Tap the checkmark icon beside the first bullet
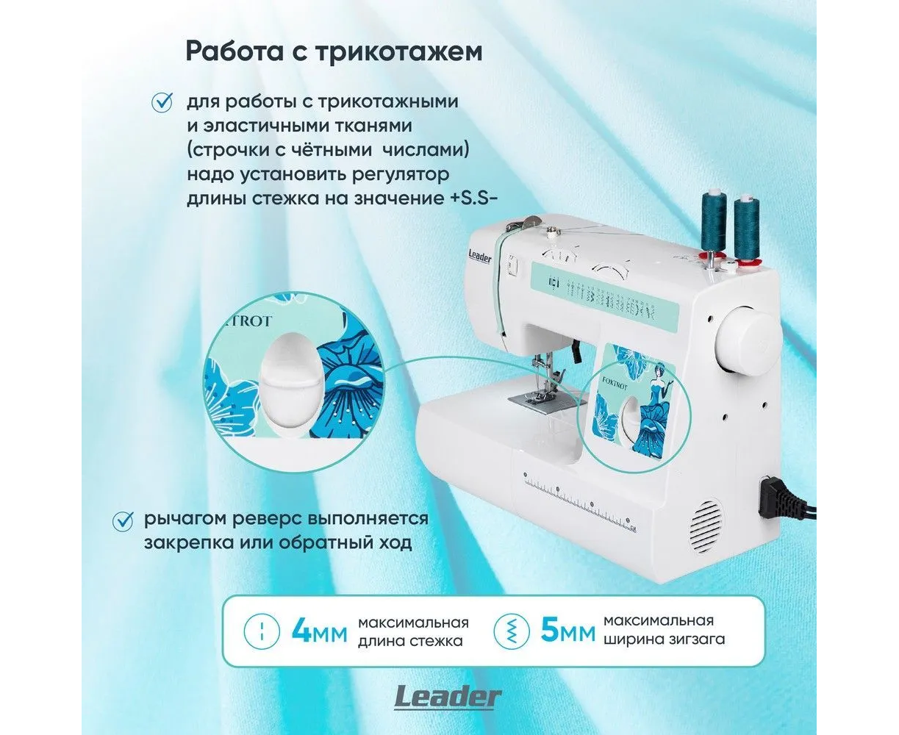(x=162, y=103)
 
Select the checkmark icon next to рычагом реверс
(x=122, y=521)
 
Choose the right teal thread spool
(x=746, y=228)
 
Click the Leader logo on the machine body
(x=480, y=257)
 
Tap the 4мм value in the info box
(x=320, y=631)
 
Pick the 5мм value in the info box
(x=567, y=630)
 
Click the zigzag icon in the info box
(x=512, y=631)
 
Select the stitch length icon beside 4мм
(x=262, y=631)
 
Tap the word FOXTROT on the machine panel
(x=615, y=382)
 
